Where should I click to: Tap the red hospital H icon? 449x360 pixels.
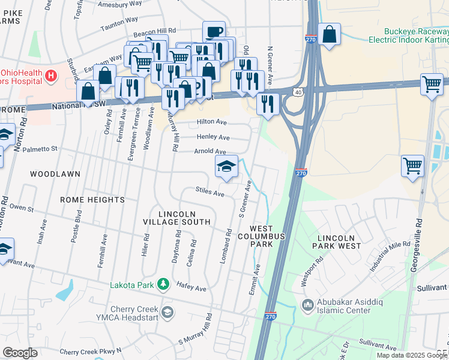[51, 76]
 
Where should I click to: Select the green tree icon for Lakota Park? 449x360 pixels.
[162, 284]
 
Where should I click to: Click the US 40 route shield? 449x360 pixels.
[298, 91]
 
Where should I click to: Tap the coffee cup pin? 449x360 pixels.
[214, 32]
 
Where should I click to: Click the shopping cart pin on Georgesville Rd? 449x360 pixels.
[412, 166]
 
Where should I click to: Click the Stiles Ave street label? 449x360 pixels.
[209, 192]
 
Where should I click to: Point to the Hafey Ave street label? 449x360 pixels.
[191, 288]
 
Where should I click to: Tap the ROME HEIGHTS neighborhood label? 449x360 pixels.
[92, 199]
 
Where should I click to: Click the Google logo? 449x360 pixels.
[20, 353]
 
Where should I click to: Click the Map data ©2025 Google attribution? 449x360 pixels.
[412, 355]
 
